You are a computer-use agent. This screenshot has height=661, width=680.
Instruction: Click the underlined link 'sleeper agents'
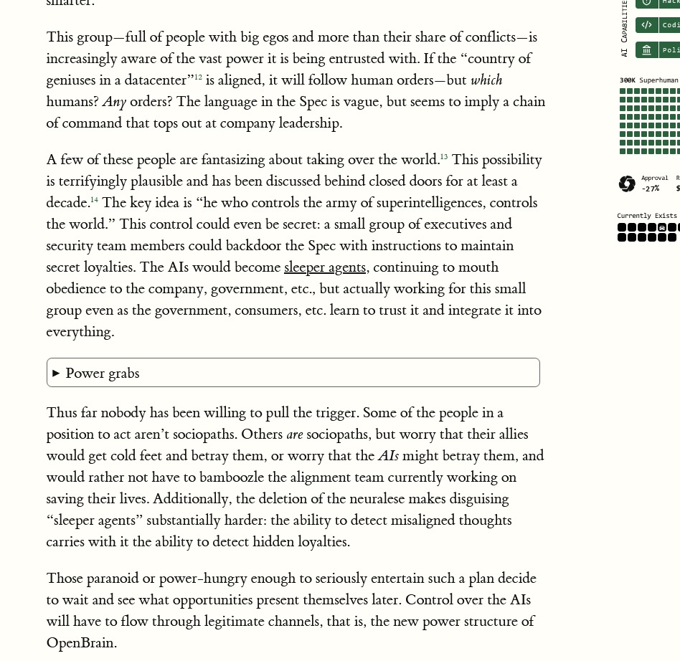[325, 267]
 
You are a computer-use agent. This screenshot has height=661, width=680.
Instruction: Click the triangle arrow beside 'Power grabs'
[56, 374]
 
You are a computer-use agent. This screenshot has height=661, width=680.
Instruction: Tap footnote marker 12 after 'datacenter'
[198, 77]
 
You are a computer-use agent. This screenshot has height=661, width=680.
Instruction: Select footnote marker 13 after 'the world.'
[444, 156]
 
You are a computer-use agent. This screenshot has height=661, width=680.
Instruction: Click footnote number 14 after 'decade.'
[94, 200]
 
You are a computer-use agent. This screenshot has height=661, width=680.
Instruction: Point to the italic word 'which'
[486, 80]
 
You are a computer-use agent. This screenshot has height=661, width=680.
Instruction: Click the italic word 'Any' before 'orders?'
[114, 102]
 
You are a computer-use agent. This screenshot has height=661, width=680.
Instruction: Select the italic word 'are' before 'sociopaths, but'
[294, 434]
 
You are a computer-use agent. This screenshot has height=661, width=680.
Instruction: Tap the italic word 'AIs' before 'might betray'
[388, 456]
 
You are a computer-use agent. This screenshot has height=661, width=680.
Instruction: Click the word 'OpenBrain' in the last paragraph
[80, 643]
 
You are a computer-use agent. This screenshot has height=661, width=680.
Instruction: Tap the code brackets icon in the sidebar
[646, 25]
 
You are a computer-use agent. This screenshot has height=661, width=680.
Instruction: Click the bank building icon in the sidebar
[646, 50]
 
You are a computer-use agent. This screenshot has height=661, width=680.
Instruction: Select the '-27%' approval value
[650, 189]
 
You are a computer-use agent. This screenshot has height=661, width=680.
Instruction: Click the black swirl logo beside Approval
[627, 184]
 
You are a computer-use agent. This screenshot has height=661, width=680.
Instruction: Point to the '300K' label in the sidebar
[627, 80]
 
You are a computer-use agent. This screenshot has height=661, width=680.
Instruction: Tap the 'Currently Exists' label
[646, 216]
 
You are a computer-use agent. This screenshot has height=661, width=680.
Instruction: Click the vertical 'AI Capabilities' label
[624, 29]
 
